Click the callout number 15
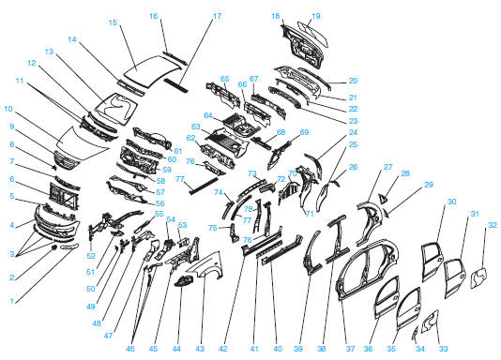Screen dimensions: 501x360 pos(113,22)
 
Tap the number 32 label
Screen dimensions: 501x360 pos(493,225)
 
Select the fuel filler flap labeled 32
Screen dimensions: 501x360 pos(479,278)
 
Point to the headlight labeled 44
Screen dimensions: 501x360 pos(184,281)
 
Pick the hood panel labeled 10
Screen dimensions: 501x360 pos(83,142)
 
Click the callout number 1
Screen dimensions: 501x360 pos(12,301)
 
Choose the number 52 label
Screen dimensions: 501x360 pos(91,255)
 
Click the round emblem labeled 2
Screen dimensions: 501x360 pos(54,247)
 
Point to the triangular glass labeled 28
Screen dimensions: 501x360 pos(383,199)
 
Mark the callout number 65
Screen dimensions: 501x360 pos(224,79)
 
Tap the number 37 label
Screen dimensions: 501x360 pos(351,349)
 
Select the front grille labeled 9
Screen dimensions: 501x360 pos(67,159)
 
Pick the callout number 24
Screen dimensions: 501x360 pos(353,132)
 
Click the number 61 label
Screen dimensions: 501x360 pos(177,151)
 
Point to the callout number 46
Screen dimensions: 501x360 pos(130,349)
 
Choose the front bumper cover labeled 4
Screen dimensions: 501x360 pos(57,222)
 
